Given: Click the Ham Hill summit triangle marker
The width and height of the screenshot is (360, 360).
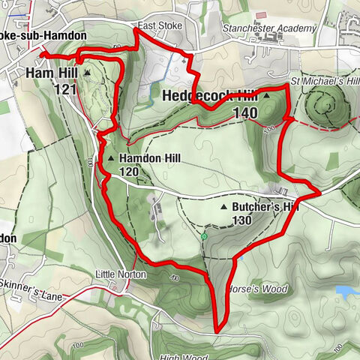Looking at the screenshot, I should coord(87,73).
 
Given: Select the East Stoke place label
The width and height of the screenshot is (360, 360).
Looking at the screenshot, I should coord(154,25).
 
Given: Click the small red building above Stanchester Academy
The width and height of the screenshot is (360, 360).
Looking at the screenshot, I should coord(260,15).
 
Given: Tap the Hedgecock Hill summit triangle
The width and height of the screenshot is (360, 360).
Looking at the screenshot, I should coord(265,97).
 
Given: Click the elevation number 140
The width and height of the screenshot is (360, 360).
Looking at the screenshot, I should coord(245,112).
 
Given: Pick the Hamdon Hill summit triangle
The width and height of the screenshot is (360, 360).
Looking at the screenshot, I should coord(111,159).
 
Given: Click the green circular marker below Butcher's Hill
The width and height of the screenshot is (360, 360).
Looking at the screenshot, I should coord(204,237).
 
